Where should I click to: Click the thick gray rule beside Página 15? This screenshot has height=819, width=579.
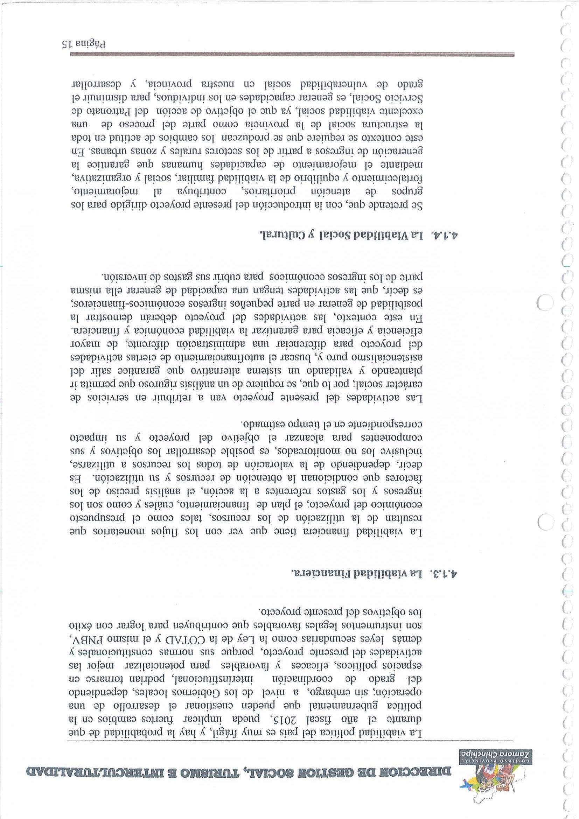tap(292, 55)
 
